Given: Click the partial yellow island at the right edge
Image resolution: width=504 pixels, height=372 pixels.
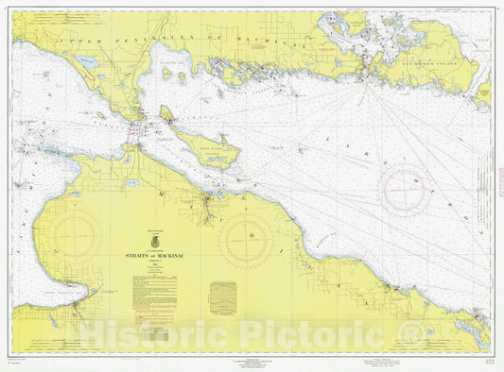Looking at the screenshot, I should [x=483, y=90].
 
